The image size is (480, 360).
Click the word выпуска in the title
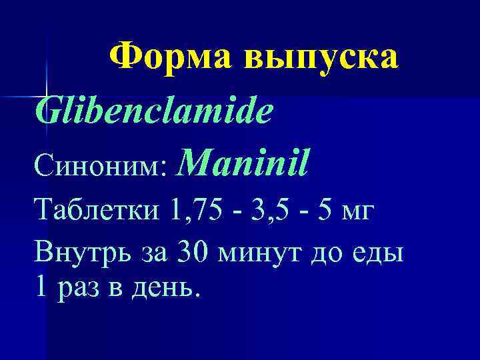click(323, 58)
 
